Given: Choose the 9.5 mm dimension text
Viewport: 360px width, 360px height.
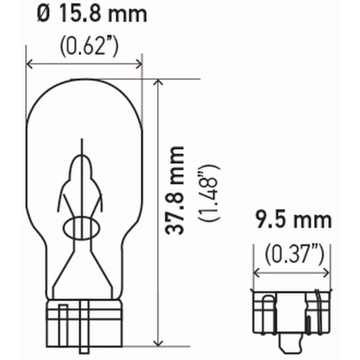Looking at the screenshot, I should tap(292, 220).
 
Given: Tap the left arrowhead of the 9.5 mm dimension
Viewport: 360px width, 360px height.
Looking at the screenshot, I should tap(256, 273).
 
